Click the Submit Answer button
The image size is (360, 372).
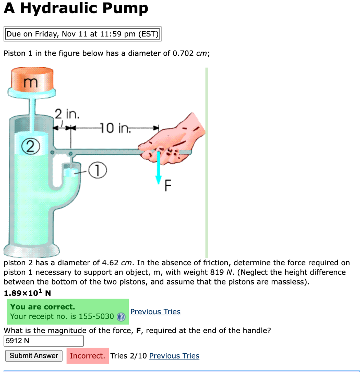coord(34,356)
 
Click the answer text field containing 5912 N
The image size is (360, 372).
coord(44,341)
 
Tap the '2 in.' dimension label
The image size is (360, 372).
coord(67,114)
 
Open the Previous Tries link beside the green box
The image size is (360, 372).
coord(155,312)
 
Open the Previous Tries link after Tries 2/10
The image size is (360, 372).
coord(174,356)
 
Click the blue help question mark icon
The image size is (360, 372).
coord(121,317)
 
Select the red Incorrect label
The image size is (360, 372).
coord(87,356)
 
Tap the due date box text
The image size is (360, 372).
coord(83,34)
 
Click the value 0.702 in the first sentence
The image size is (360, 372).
coord(183,53)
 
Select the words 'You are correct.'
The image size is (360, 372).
coord(43,307)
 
